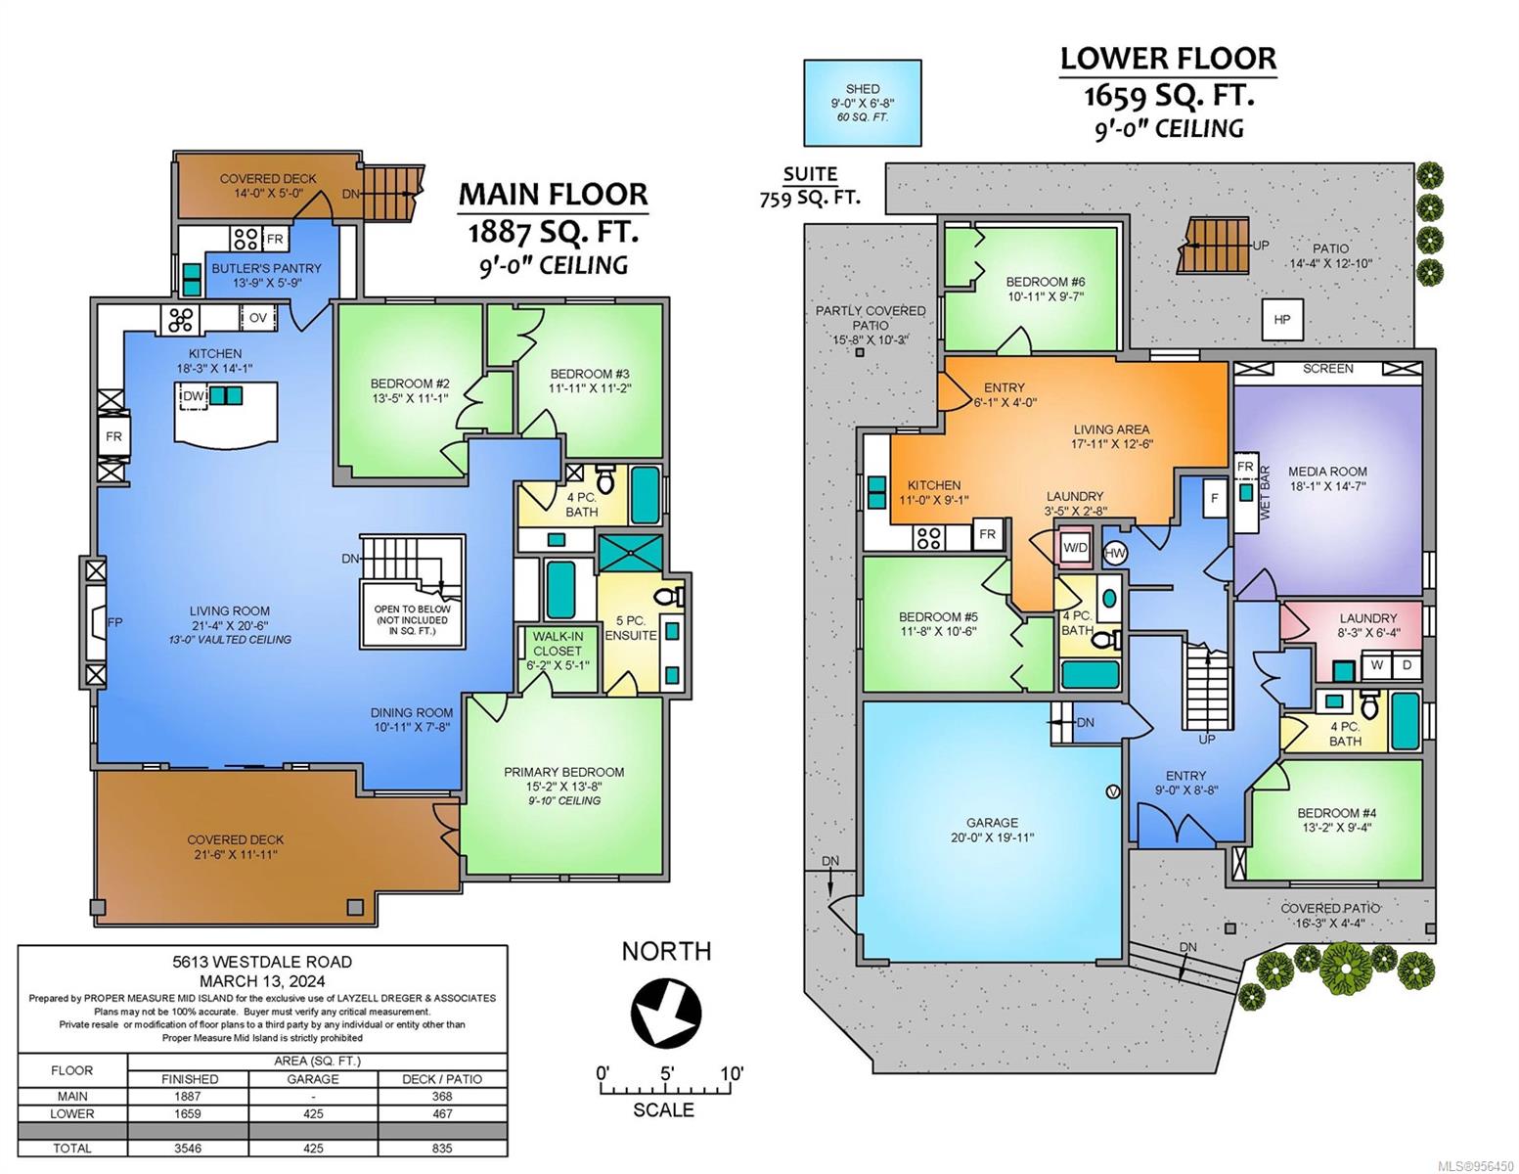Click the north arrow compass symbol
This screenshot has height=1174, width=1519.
665,1013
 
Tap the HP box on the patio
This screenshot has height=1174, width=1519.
1282,320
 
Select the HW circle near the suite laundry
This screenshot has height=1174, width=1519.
1116,554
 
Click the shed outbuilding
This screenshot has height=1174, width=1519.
862,103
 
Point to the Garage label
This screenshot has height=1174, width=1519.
992,823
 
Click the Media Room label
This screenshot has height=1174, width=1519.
1327,472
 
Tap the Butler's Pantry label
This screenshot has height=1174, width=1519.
266,268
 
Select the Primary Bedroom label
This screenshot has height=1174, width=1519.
564,772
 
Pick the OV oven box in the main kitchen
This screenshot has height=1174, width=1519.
258,317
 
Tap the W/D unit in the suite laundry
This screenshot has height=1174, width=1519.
1075,548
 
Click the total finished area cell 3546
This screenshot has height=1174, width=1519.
188,1148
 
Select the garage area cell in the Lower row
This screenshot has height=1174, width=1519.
313,1113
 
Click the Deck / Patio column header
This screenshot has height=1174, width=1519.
442,1079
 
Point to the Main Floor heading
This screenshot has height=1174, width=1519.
553,195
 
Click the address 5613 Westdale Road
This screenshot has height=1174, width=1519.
262,962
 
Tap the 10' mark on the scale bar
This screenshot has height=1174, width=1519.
732,1072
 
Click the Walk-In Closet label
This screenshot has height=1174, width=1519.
558,644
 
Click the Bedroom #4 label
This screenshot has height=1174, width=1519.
1336,812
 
